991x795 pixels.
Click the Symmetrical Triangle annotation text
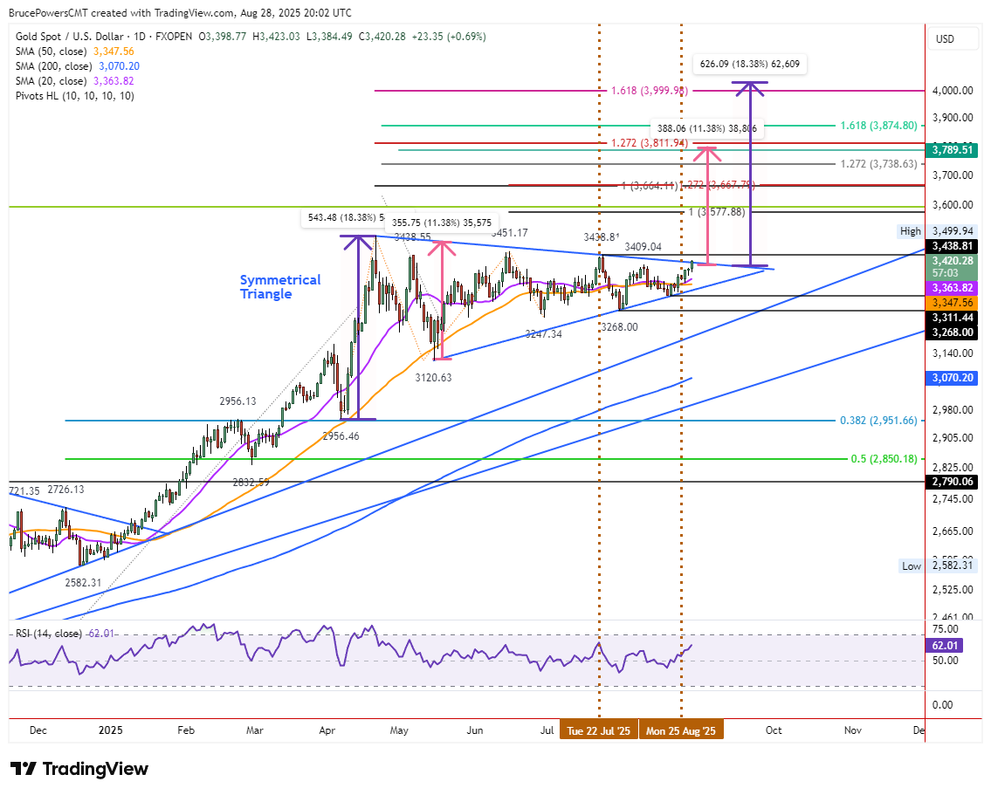pyautogui.click(x=279, y=287)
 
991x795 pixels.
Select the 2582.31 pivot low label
pyautogui.click(x=84, y=582)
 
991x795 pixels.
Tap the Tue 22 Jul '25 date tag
pyautogui.click(x=598, y=730)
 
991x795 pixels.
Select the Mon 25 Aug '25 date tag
pyautogui.click(x=681, y=730)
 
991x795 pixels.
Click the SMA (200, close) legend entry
pyautogui.click(x=78, y=65)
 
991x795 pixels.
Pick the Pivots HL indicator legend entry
pyautogui.click(x=74, y=95)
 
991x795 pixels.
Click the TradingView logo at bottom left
pyautogui.click(x=79, y=769)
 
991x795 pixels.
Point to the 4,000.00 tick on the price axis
pyautogui.click(x=953, y=91)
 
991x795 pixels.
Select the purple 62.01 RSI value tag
pyautogui.click(x=946, y=646)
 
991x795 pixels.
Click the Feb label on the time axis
pyautogui.click(x=185, y=730)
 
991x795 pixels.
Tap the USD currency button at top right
pyautogui.click(x=945, y=39)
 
